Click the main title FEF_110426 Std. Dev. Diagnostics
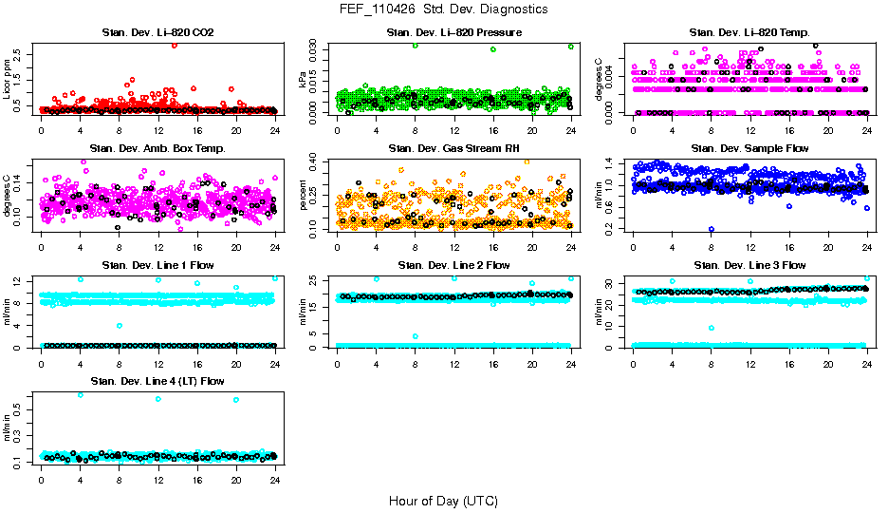click(443, 9)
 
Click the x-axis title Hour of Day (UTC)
click(443, 501)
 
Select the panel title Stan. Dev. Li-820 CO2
click(157, 33)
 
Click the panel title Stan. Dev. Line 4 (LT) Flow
click(157, 382)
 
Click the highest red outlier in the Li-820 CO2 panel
click(175, 45)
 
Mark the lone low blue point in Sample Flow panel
click(712, 229)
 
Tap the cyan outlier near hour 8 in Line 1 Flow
click(119, 326)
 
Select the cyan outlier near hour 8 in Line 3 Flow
click(712, 328)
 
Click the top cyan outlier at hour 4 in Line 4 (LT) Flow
click(80, 394)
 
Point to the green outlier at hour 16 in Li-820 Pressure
click(493, 49)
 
